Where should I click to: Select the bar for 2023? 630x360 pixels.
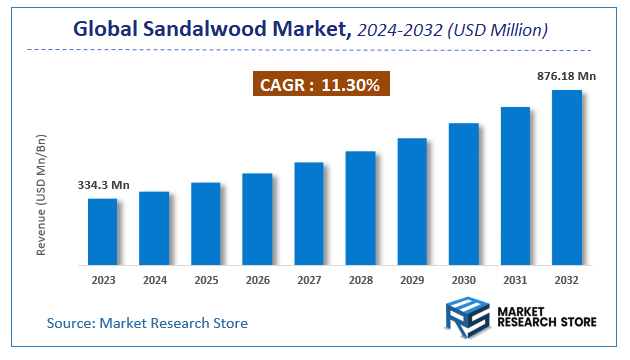[x=102, y=231]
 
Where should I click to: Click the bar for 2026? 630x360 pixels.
[x=257, y=219]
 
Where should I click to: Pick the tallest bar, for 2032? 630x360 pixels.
[x=567, y=177]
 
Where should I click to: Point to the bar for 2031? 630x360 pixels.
[x=515, y=185]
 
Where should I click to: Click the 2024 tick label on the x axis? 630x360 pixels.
[x=154, y=281]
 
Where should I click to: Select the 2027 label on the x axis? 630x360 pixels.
[x=308, y=281]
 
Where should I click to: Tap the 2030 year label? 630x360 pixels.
[x=463, y=281]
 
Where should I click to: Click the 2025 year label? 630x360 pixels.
[x=205, y=281]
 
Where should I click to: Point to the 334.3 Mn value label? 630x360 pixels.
[x=103, y=185]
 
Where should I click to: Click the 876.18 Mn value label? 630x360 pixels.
[x=565, y=76]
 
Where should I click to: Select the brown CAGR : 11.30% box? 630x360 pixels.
[x=321, y=86]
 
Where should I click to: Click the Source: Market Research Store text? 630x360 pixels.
[x=147, y=323]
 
